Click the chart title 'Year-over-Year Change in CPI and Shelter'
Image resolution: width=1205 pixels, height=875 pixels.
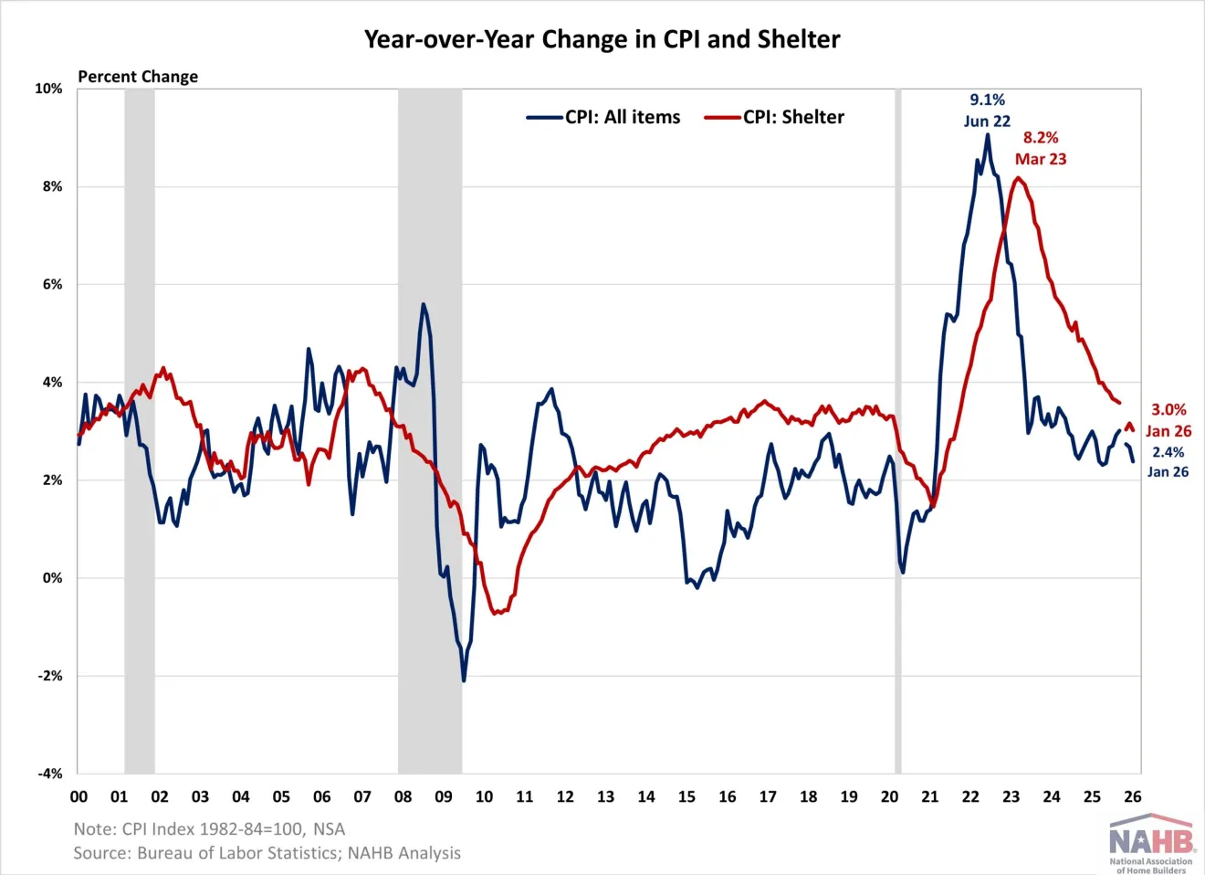coord(602,39)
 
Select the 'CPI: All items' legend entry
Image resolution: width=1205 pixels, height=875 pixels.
coord(603,117)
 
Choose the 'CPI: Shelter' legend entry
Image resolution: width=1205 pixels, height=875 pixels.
coord(775,117)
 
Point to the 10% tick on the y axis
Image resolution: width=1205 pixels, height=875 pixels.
coord(48,89)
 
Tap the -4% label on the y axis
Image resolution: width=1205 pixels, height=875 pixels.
coord(50,774)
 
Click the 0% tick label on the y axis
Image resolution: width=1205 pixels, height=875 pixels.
coord(52,578)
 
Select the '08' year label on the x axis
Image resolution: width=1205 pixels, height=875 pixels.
coord(403,796)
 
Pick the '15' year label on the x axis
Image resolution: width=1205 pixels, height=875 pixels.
coord(686,796)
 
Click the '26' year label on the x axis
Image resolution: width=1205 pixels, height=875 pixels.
coord(1132,796)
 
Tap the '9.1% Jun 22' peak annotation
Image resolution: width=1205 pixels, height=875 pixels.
coord(987,111)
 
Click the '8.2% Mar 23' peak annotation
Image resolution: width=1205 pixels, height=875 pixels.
coord(1041,148)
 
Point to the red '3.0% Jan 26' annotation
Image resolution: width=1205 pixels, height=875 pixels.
coord(1168,420)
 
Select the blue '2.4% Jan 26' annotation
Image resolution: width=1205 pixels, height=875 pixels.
coord(1168,462)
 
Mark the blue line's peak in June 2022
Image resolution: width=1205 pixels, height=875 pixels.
coord(987,135)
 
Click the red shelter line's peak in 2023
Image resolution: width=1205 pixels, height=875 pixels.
coord(1018,177)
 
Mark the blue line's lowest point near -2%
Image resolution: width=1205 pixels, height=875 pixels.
coord(464,680)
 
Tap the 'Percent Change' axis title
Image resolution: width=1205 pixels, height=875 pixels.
coord(138,77)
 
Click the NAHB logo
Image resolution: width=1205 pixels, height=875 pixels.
coord(1150,842)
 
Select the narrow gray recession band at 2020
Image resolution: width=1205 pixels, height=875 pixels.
coord(897,429)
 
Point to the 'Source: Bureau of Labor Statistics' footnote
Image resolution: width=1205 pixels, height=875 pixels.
coord(267,853)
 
